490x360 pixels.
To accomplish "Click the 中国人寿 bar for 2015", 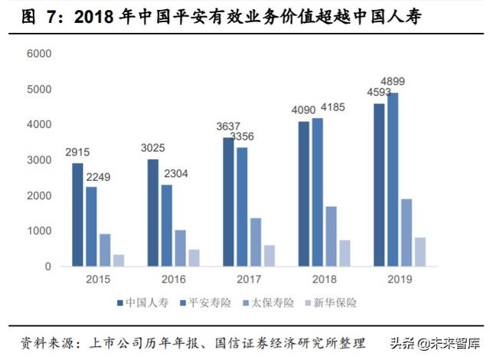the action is coord(77,214).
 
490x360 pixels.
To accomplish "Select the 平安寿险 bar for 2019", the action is coord(393,180).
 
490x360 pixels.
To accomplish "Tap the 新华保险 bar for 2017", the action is coord(269,256).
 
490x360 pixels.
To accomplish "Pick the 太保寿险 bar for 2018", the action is coord(332,237).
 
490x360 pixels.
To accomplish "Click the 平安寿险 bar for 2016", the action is coord(167,226).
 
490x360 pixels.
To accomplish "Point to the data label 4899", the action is coord(393,81).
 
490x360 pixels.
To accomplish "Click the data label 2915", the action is coord(77,152).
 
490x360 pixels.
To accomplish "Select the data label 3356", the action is coord(242,136).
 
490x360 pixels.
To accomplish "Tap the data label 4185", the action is coord(333,107).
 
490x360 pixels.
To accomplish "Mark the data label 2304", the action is coord(176,173).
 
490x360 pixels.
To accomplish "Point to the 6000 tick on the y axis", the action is coord(39,54).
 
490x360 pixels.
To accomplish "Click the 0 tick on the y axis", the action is coord(47,267).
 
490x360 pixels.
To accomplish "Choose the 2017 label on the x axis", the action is coord(249,279).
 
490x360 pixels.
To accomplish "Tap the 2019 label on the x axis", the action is coord(400,279).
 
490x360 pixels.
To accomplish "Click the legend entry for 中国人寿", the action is coord(143,303).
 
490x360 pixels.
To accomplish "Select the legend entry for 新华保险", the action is coord(331,303).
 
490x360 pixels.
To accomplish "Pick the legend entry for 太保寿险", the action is coord(269,303).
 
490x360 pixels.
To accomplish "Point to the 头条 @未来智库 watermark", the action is coord(435,343).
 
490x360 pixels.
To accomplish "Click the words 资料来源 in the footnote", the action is coord(47,343).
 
